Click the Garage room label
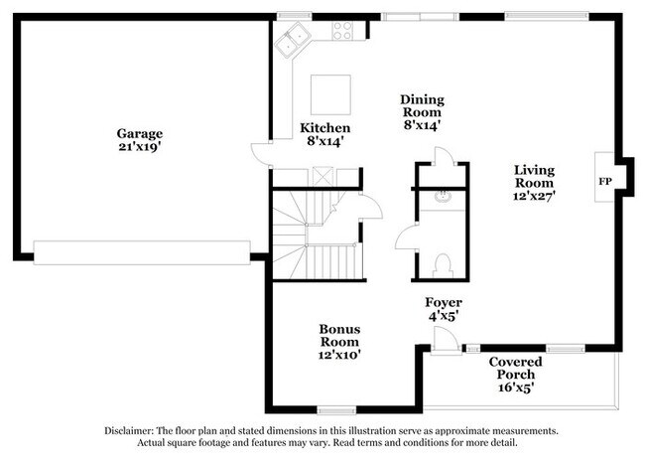point(139,133)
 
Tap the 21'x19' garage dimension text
point(139,147)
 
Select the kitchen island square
point(330,94)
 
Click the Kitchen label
point(324,128)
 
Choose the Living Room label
point(533,176)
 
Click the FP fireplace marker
point(603,183)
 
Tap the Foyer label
point(444,302)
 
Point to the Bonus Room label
point(339,335)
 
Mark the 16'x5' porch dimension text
point(514,389)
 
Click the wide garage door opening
point(141,252)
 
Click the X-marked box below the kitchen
point(322,177)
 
